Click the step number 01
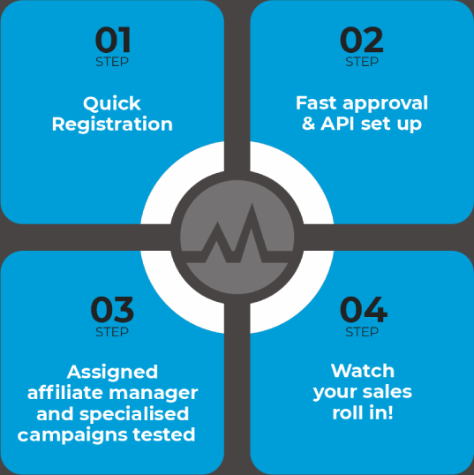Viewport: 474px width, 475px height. (113, 40)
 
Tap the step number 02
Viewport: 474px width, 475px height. (362, 40)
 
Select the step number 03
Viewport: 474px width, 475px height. (112, 310)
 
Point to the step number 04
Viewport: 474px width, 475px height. (364, 310)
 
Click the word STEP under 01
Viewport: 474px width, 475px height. (112, 62)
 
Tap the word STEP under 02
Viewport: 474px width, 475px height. (362, 62)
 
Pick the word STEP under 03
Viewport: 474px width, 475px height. (112, 332)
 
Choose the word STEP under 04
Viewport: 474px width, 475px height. (362, 332)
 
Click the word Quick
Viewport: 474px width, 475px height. (112, 104)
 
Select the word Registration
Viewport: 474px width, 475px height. (112, 124)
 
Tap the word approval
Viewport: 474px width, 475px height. (385, 104)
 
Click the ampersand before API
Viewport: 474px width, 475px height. (309, 124)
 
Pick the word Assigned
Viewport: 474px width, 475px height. (112, 373)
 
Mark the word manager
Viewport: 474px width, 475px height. (154, 394)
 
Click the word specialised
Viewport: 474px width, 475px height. (134, 414)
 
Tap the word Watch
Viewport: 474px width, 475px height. (363, 371)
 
